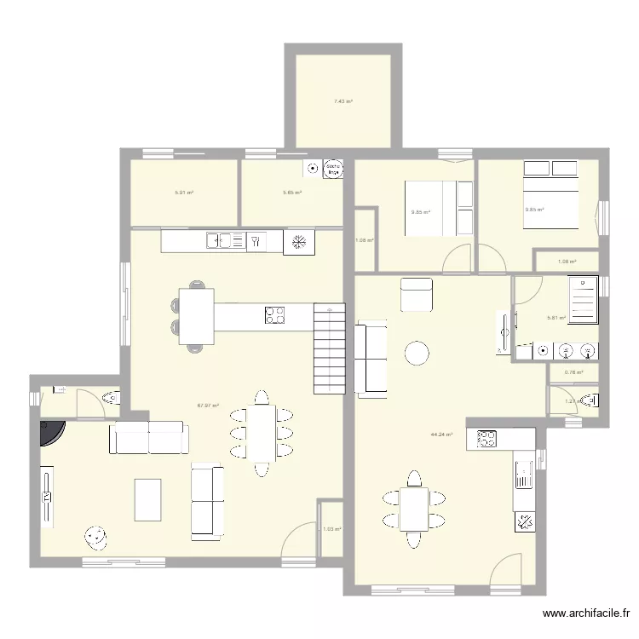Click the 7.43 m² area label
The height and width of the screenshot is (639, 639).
pos(343,101)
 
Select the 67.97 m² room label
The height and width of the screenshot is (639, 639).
pos(209,406)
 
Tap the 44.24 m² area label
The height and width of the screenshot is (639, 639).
pos(441,435)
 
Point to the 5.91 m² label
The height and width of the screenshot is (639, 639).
pos(184,193)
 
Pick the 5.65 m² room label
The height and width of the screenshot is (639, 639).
pos(292,193)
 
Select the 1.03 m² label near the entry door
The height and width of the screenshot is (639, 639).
pos(331,529)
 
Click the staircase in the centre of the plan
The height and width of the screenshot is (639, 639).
pos(329,348)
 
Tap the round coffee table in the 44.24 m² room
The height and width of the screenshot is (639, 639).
pos(417,352)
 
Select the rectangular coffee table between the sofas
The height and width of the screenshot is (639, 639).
pos(148,499)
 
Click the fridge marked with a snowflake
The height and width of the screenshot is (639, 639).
pos(299,242)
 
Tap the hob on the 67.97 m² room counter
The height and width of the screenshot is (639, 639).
pos(275,315)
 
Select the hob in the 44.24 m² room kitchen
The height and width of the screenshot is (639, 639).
pos(486,440)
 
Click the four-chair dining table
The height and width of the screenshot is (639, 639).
pos(414,509)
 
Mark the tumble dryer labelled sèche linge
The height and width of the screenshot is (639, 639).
pos(335,169)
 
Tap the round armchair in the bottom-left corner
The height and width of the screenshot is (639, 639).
pos(95,537)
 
